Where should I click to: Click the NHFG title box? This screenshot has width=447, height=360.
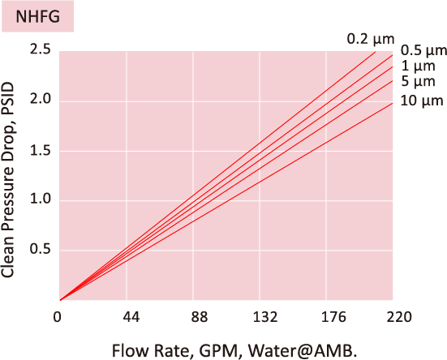point(37,16)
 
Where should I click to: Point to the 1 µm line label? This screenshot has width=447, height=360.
point(419,66)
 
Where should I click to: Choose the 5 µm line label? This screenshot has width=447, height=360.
point(419,82)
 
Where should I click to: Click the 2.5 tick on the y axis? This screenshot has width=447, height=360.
point(40,50)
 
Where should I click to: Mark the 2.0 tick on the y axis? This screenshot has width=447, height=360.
point(40,101)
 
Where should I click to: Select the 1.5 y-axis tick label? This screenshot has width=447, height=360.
point(40,151)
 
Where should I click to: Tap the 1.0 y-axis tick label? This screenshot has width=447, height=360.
point(40,200)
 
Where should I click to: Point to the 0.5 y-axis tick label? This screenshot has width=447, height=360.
point(40,251)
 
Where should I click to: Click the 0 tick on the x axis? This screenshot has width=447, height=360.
point(58,316)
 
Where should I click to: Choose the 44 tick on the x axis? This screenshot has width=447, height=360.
point(133,316)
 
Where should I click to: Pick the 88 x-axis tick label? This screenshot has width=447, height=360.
point(200,316)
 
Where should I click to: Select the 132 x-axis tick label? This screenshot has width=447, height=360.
point(266,316)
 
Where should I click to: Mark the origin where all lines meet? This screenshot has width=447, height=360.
point(60,300)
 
